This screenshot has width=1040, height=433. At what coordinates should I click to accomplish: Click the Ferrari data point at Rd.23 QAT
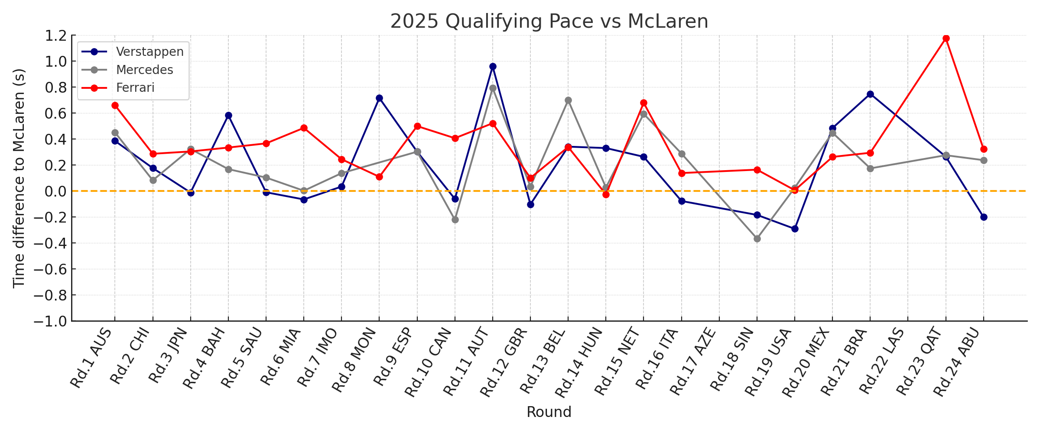click(946, 39)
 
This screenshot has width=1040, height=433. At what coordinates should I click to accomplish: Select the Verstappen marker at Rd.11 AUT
click(493, 67)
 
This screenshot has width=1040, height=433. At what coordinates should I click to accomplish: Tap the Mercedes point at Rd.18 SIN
click(757, 239)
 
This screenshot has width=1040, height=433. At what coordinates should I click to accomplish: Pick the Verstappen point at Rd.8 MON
click(379, 98)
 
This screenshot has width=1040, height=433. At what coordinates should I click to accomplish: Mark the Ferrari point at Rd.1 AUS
click(115, 105)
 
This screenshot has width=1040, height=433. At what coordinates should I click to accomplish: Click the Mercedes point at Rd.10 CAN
click(455, 220)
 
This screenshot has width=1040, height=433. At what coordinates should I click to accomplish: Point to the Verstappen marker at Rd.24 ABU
click(984, 217)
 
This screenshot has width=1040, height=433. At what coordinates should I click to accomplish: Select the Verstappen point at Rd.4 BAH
click(228, 116)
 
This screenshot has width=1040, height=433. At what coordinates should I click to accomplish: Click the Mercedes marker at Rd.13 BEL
click(568, 100)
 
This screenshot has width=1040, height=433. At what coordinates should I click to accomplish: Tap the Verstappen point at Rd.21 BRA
click(870, 94)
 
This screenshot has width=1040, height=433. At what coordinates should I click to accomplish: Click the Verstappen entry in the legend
click(149, 52)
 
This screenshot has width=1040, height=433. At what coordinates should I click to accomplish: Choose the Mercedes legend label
click(144, 70)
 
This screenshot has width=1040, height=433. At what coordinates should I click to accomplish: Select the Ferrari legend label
click(135, 87)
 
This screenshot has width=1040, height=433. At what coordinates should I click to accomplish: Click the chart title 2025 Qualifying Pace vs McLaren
click(549, 22)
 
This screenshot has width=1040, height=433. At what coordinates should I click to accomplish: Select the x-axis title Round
click(549, 412)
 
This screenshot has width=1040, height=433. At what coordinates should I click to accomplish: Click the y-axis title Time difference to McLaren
click(19, 178)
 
